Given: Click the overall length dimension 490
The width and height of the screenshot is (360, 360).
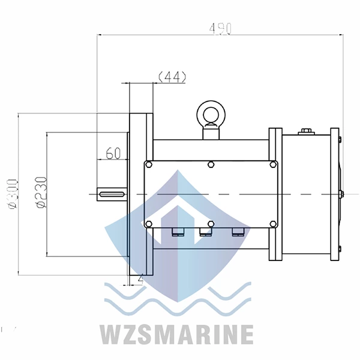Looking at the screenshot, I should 219,28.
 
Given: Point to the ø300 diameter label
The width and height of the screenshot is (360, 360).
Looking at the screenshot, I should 13,193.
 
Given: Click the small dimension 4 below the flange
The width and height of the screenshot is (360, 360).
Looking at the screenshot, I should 140,278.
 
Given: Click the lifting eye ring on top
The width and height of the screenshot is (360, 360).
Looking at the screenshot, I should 209,112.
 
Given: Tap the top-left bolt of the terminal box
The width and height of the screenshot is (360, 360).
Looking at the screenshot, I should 149,164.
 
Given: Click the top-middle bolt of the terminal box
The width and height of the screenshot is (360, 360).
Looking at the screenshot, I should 210,164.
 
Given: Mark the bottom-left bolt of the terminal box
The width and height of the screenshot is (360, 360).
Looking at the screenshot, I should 149,224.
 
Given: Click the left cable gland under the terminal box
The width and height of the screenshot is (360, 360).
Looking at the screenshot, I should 176,232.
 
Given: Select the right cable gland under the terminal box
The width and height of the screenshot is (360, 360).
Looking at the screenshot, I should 239,232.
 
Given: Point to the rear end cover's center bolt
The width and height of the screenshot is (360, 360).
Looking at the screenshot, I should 341,193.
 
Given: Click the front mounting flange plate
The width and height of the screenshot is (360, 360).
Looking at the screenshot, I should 141,193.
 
